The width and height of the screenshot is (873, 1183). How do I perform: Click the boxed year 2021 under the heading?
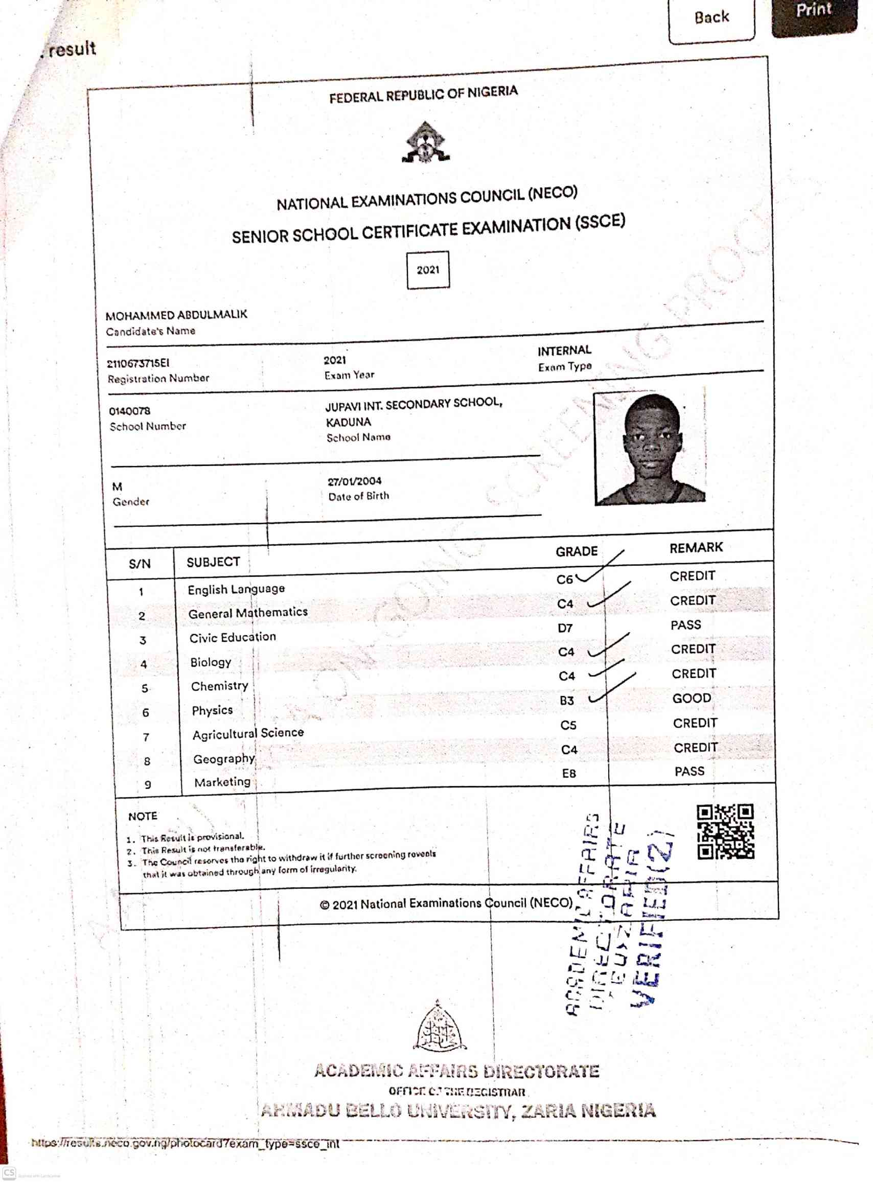pos(428,270)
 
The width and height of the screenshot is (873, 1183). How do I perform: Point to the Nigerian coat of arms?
pos(426,142)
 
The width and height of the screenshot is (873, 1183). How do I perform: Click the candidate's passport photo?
pos(650,449)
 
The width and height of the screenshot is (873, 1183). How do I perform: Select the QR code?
pos(725,831)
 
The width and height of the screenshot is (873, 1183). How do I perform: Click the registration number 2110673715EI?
pos(138,363)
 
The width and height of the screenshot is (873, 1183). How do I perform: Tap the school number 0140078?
pos(129,411)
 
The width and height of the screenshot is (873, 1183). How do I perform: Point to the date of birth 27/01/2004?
pos(355,481)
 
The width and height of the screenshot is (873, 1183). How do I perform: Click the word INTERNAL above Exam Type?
pos(564,351)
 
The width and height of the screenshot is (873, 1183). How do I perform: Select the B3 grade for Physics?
pos(566,701)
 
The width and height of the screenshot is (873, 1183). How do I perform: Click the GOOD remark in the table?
pos(691,699)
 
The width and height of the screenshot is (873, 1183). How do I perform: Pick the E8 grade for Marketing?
pos(568,774)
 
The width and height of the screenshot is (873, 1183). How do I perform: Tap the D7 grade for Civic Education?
pos(565,628)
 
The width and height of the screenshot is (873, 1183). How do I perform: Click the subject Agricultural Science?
pos(248,733)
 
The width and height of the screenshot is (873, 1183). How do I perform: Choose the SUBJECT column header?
pos(213,562)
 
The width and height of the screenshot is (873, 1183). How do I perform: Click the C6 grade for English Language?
pos(564,579)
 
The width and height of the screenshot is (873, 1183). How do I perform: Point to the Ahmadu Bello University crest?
pos(439,1028)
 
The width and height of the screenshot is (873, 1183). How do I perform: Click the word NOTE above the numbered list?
pos(143,816)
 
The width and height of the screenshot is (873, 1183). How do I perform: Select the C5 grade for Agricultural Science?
pos(568,726)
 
